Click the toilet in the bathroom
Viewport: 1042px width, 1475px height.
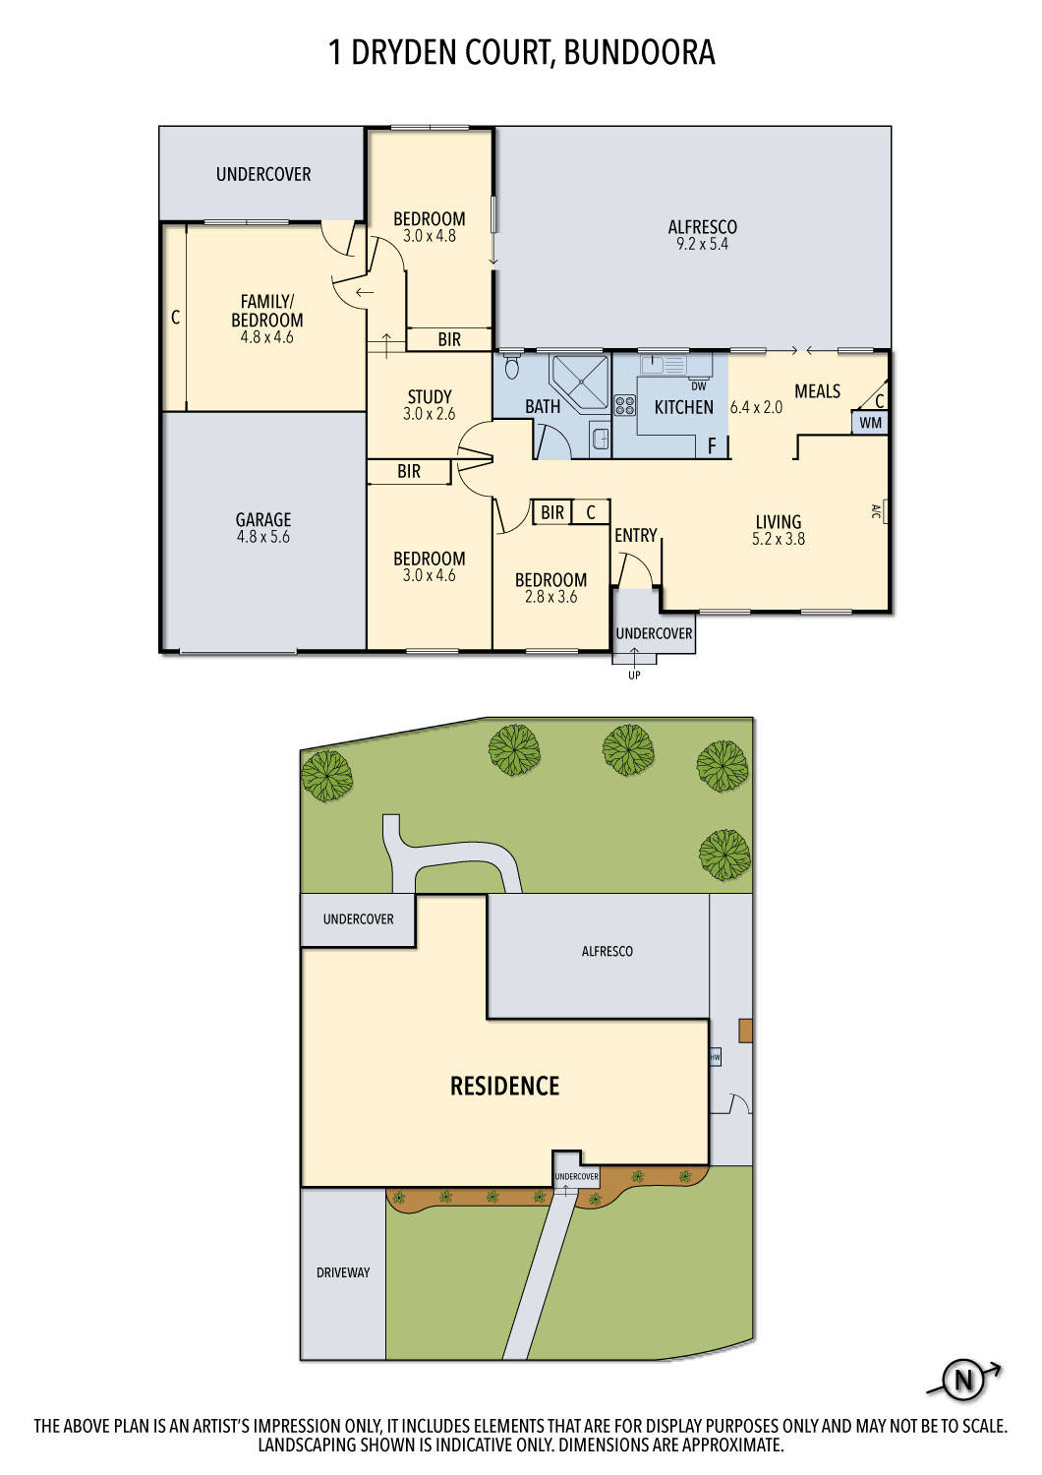(511, 368)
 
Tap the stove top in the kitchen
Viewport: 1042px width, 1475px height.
(625, 405)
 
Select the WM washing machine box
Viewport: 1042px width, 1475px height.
(871, 423)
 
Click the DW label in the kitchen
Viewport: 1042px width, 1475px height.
(699, 386)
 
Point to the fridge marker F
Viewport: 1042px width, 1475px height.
(713, 446)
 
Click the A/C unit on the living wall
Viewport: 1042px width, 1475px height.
(877, 511)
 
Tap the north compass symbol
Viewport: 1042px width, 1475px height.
(963, 1381)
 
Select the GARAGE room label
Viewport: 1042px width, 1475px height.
(263, 519)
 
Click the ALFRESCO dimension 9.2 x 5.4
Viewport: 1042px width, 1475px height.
(702, 244)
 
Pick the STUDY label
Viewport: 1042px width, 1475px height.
(430, 397)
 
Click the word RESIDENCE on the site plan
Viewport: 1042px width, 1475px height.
(504, 1086)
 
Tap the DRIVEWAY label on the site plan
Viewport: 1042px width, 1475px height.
(343, 1272)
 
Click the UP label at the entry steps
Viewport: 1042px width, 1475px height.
(634, 675)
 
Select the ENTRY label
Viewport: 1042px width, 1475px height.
(636, 535)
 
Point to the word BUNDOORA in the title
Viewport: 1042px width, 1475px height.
(639, 52)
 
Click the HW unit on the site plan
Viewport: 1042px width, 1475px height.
(715, 1058)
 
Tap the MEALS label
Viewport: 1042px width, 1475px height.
(817, 391)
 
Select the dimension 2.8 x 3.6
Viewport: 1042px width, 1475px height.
(550, 597)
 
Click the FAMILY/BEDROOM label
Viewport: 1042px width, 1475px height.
(266, 311)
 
